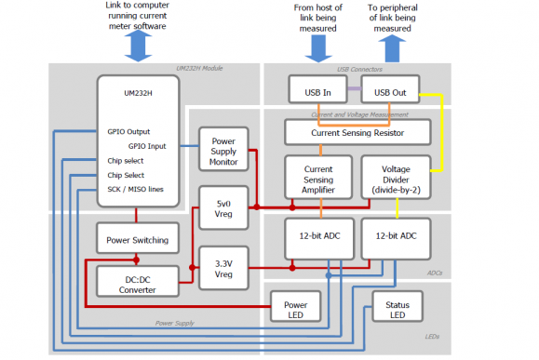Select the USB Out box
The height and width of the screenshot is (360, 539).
[x=390, y=91]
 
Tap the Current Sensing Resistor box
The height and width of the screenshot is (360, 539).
[x=357, y=132]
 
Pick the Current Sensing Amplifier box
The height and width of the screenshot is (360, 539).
[x=317, y=176]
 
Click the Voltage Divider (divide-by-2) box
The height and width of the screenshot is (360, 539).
[x=395, y=176]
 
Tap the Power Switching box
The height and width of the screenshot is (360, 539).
[x=137, y=240]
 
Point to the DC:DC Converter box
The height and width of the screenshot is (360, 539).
[x=137, y=283]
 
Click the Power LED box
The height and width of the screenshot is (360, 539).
[x=295, y=307]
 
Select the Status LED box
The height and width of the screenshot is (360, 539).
[x=398, y=307]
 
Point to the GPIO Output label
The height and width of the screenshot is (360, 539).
[x=128, y=131]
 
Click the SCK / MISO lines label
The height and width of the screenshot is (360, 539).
[x=135, y=190]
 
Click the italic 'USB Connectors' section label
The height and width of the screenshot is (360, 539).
[x=357, y=69]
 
